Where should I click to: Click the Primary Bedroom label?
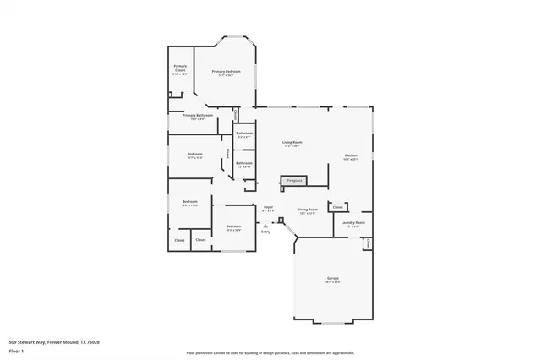(x=226, y=72)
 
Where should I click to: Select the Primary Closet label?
(x=180, y=68)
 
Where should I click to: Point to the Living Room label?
(x=292, y=142)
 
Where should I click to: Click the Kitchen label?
(x=351, y=155)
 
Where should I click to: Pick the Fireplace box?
(x=294, y=181)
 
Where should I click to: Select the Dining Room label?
(x=307, y=209)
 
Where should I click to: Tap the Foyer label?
(x=268, y=206)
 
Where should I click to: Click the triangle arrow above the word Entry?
(x=265, y=226)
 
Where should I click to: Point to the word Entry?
(x=265, y=232)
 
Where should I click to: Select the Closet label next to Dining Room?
(x=336, y=206)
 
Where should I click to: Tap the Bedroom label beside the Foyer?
(x=233, y=226)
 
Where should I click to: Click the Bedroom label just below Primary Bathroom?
(x=194, y=153)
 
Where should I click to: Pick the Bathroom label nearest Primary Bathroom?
(x=244, y=134)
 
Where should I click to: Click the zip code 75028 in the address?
(x=95, y=342)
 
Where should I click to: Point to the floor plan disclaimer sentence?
(x=270, y=352)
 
